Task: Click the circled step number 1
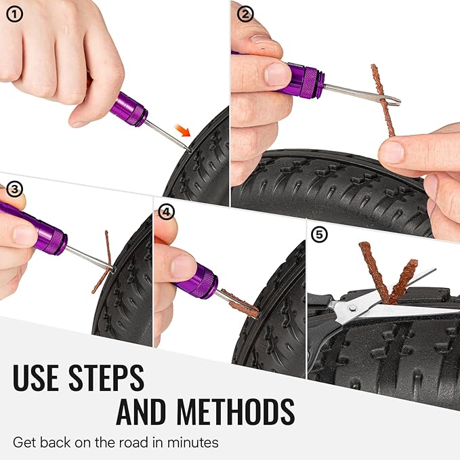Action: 13,14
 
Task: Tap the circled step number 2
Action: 245,14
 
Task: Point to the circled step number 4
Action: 167,212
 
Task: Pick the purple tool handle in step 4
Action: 199,280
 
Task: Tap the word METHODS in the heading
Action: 234,412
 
